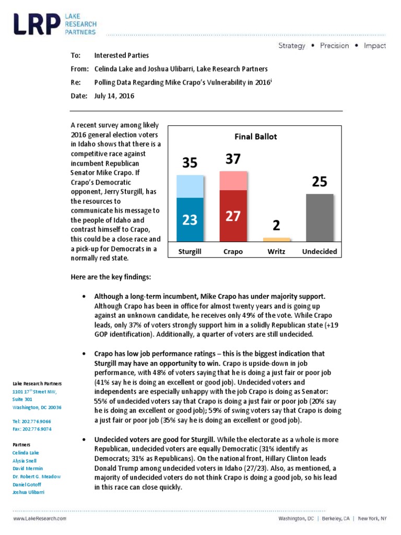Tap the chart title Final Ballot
pos(255,137)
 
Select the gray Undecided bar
pos(319,217)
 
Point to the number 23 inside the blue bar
pos(190,220)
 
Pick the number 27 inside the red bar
pos(233,216)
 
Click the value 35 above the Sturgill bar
pos(190,163)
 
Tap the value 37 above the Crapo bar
pos(233,159)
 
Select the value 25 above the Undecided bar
pos(319,182)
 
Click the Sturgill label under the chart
pos(190,251)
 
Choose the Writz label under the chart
pos(276,251)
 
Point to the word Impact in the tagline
pos(375,45)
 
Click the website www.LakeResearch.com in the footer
pos(40,519)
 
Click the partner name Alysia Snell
pos(26,460)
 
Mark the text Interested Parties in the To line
pos(121,55)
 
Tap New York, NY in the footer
pos(372,519)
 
